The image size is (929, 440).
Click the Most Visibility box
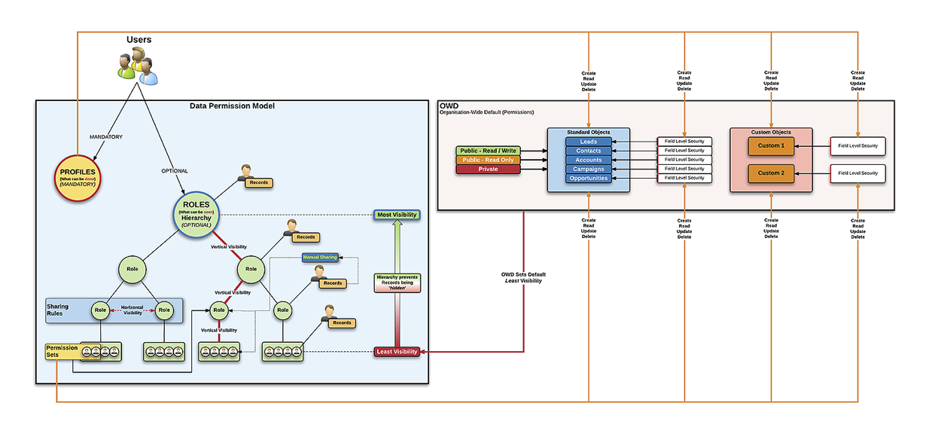(x=396, y=215)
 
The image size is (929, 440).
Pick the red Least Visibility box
(x=396, y=352)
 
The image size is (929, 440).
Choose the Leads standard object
(x=588, y=142)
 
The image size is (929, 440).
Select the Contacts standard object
(x=588, y=151)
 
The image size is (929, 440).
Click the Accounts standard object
(x=588, y=160)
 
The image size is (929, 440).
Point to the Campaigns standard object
(x=588, y=169)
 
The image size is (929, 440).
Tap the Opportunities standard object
(x=588, y=178)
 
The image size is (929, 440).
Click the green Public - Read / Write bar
(x=488, y=151)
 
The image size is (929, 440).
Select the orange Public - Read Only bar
(x=488, y=160)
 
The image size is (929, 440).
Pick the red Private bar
(x=488, y=169)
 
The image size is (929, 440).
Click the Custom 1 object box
(x=770, y=145)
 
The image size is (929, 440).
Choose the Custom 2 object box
(x=770, y=173)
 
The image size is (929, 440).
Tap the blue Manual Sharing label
(x=320, y=258)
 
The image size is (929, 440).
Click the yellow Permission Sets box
(x=62, y=351)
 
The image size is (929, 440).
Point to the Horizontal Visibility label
(x=132, y=309)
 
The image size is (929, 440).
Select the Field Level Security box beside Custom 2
(x=857, y=173)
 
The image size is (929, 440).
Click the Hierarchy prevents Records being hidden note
(x=397, y=283)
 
